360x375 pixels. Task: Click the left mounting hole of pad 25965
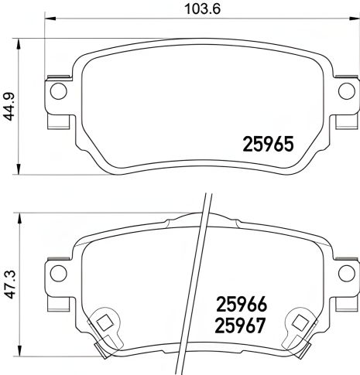pyautogui.click(x=55, y=92)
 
